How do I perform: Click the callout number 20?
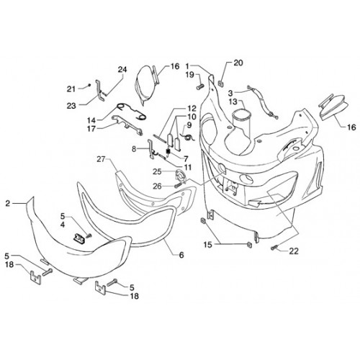click(238, 63)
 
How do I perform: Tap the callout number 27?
click(102, 159)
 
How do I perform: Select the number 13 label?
click(233, 102)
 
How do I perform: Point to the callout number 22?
click(294, 251)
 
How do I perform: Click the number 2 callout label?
click(8, 204)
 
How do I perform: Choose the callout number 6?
click(181, 255)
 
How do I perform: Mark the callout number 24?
click(122, 70)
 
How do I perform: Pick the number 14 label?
click(92, 120)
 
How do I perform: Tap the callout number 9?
click(189, 125)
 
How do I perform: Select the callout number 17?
click(91, 129)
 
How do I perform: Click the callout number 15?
click(208, 245)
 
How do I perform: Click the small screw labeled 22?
click(274, 248)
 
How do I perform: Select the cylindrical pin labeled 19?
click(200, 86)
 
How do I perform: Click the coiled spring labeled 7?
click(168, 152)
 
